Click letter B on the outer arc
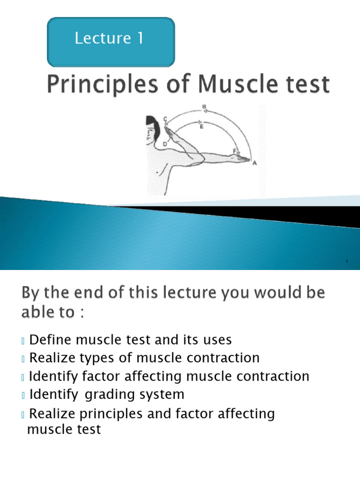[x=204, y=107]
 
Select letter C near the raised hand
[x=165, y=119]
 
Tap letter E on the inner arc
[x=202, y=126]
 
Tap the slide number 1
[x=347, y=261]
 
